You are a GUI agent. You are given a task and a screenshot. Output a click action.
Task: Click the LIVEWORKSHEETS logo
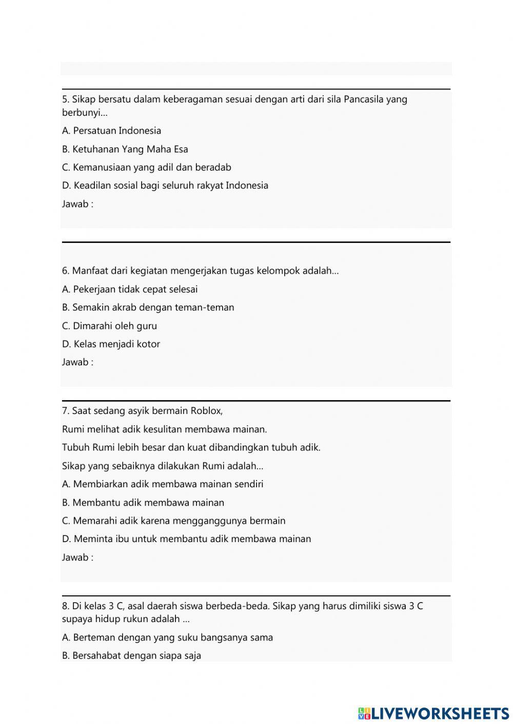(433, 713)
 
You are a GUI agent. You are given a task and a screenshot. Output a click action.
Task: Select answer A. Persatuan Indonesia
(111, 131)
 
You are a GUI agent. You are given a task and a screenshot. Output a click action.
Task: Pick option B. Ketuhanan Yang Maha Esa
(125, 149)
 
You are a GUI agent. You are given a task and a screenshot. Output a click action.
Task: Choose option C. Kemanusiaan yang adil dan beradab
(146, 168)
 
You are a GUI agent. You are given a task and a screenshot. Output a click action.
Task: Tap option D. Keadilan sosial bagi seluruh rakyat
(165, 185)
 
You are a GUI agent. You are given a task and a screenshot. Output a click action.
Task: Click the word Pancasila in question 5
(363, 99)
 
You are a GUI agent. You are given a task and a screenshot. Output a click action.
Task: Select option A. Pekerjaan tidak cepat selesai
(129, 289)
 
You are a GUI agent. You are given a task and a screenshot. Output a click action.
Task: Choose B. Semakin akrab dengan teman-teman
(148, 307)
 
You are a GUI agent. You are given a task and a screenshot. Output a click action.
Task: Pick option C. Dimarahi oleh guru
(109, 326)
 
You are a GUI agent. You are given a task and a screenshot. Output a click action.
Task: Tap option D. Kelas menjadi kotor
(111, 344)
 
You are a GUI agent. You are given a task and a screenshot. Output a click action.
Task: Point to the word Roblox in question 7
(206, 411)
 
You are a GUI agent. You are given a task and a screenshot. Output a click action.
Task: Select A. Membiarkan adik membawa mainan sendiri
(162, 484)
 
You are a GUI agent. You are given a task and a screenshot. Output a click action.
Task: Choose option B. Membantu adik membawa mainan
(143, 503)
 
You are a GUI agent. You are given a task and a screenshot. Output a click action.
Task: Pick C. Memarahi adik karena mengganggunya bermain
(173, 521)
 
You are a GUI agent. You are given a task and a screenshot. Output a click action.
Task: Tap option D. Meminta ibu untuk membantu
(186, 539)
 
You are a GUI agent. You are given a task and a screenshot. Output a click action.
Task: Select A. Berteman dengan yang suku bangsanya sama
(167, 637)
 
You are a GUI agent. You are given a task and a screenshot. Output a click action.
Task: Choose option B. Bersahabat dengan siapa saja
(131, 655)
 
